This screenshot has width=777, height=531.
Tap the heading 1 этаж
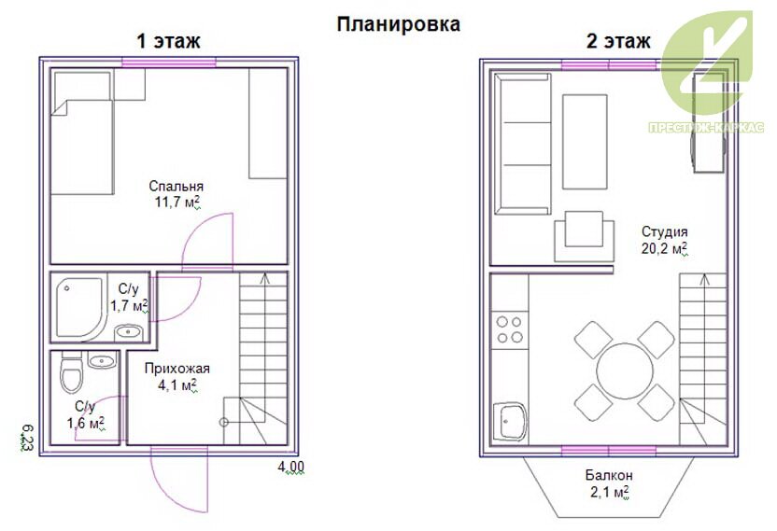(168, 41)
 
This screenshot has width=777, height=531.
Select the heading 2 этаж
(618, 41)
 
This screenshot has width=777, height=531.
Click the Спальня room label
(176, 187)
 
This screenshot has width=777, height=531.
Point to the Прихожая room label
(177, 369)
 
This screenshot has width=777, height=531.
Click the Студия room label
(665, 231)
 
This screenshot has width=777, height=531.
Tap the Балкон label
(609, 476)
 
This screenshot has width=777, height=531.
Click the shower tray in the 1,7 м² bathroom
(79, 308)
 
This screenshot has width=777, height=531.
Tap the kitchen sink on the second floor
(511, 422)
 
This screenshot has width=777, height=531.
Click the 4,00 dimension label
(290, 468)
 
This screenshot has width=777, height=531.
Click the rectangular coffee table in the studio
(585, 142)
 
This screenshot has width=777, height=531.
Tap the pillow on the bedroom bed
(82, 87)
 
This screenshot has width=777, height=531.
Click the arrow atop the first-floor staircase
(265, 278)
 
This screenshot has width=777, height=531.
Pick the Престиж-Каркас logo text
(706, 128)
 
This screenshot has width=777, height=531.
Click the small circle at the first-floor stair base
(224, 423)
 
